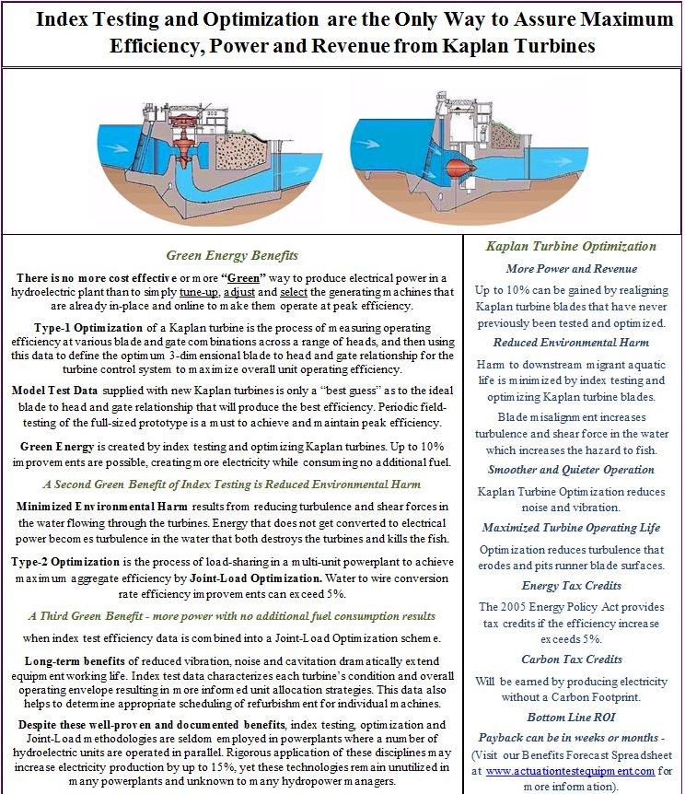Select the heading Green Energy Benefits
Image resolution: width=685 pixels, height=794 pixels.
pos(231,255)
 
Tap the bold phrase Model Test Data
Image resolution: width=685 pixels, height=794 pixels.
pos(60,391)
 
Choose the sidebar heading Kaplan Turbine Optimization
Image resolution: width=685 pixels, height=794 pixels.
pos(571,246)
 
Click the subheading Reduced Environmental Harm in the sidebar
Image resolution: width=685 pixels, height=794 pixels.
pos(571,343)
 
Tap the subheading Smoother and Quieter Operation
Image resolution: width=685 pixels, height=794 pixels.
pos(571,471)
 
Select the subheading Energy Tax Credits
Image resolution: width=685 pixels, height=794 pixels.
pos(571,585)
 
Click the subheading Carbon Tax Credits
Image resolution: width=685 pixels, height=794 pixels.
pos(571,659)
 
